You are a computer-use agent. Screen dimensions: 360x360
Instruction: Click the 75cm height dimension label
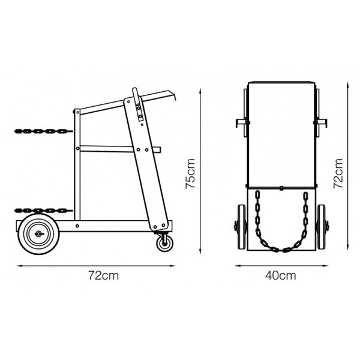pos(190,173)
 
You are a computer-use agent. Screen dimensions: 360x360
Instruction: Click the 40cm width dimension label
pos(281,275)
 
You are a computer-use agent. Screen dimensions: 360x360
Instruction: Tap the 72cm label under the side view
pos(104,275)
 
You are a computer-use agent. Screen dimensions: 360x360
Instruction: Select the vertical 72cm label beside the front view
pos(338,173)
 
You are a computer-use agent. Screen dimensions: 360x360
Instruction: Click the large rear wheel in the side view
pos(39,234)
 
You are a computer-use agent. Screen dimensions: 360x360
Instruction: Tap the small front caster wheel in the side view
pos(165,244)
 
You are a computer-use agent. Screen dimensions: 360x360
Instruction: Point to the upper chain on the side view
pos(43,131)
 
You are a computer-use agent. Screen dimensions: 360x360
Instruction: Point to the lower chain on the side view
pos(43,211)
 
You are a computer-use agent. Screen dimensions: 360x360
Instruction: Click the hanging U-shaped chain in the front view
pos(281,250)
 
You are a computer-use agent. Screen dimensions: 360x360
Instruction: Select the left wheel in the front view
pos(242,227)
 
